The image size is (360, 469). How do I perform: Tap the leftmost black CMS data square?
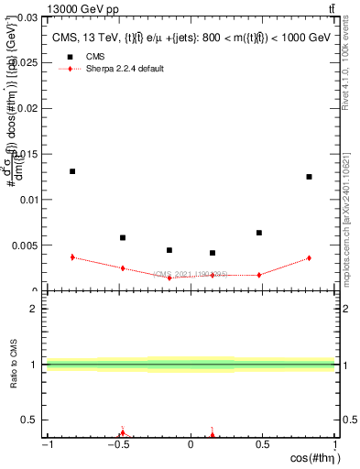(72, 171)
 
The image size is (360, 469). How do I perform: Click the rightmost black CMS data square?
(310, 177)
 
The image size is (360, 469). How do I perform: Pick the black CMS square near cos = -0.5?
(123, 237)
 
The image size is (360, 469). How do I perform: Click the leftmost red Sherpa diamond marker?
(72, 257)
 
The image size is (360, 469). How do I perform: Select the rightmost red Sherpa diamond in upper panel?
(310, 258)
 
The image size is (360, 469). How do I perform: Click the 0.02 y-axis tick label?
(27, 108)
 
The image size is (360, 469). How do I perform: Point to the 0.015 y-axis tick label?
(25, 154)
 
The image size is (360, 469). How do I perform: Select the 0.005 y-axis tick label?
(25, 245)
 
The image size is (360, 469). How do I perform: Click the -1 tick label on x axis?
(46, 445)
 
